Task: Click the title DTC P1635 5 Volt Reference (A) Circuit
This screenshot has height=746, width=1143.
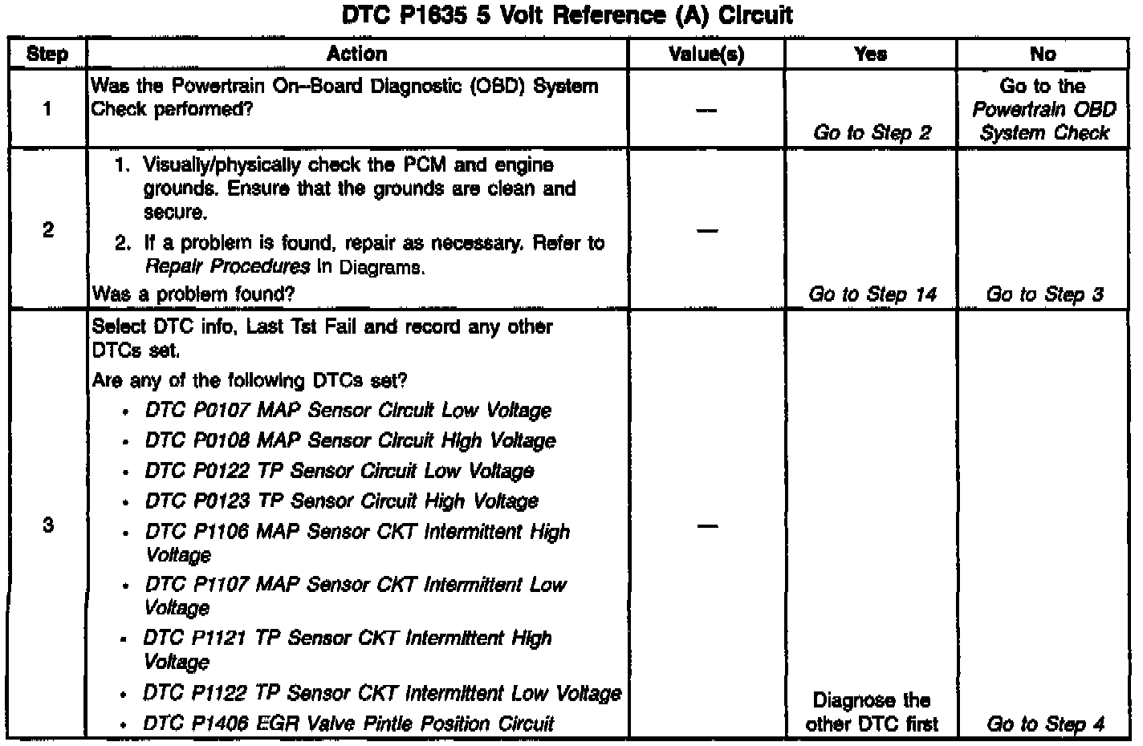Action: click(567, 15)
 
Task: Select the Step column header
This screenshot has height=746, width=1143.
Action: click(47, 54)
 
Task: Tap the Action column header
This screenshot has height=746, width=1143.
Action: click(356, 54)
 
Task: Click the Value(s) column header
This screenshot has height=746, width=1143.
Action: click(706, 54)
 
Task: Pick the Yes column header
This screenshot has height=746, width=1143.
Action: click(871, 54)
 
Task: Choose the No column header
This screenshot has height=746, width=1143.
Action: click(1043, 54)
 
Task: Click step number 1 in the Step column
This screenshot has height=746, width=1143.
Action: click(47, 108)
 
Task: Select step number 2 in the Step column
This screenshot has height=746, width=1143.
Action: click(47, 230)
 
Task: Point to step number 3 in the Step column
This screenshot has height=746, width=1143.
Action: click(47, 525)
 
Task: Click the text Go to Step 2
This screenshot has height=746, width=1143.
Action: click(872, 133)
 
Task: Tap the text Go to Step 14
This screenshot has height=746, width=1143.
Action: click(873, 294)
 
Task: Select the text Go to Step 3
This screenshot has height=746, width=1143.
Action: click(1044, 294)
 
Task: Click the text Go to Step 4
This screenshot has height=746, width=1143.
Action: click(1044, 724)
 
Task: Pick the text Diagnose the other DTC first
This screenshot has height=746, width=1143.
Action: click(872, 712)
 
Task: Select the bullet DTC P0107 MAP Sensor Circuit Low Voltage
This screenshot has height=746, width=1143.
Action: click(348, 411)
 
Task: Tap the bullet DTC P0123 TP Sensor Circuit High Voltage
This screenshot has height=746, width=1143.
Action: click(341, 501)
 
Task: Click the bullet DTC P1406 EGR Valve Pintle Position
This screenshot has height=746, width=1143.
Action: click(349, 724)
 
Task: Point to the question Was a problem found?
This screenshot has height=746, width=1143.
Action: click(193, 294)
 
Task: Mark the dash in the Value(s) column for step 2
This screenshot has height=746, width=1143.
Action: click(706, 231)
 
